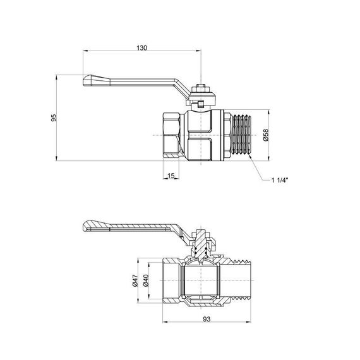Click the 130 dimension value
pos(141,47)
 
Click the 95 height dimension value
pos(54,117)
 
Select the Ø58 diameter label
pos(266,135)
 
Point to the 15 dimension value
pos(171,175)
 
